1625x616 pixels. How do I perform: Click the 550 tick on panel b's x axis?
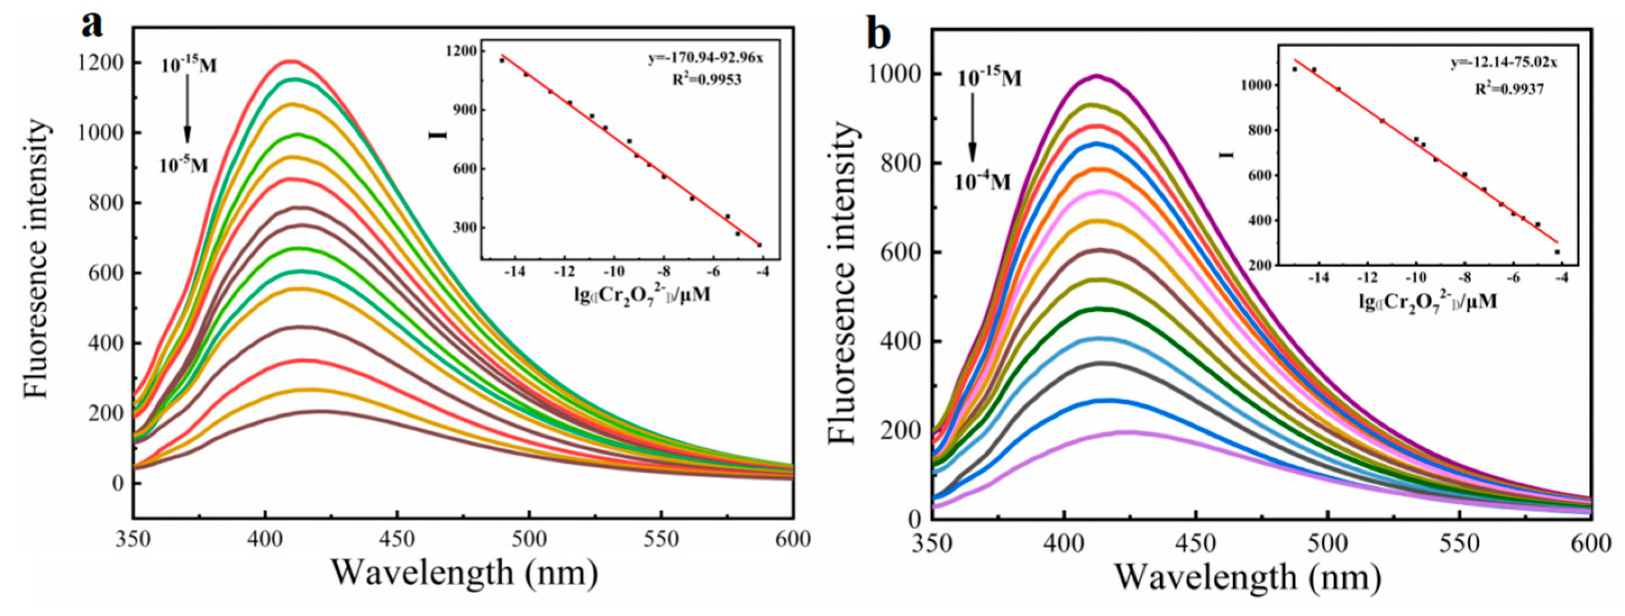1461,543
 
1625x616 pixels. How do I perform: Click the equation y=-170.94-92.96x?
705,59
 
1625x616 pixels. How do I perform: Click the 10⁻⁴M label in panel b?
982,182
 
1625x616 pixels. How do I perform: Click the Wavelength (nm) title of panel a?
464,573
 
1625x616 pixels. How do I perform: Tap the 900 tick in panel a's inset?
464,109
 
